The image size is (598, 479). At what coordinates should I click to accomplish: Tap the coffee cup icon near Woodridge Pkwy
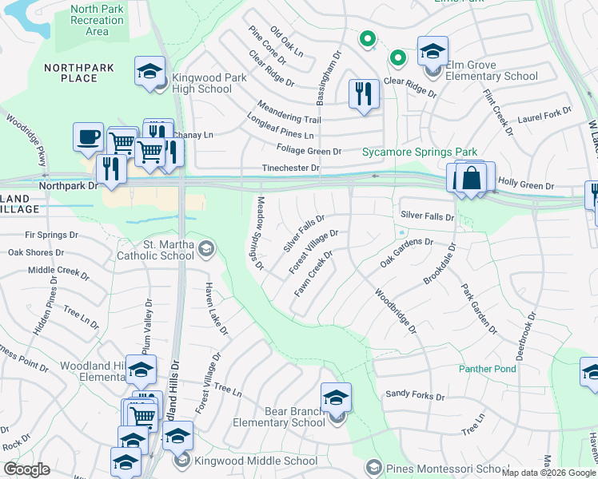[88, 136]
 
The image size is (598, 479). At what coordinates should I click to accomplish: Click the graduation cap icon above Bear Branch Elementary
[337, 397]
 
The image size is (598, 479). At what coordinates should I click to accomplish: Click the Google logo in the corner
[26, 469]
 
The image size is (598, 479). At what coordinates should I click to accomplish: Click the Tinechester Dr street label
[292, 168]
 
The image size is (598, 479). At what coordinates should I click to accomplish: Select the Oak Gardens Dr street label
[406, 251]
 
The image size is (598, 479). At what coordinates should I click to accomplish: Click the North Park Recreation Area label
[97, 20]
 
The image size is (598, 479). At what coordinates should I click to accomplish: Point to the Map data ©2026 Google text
[548, 473]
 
